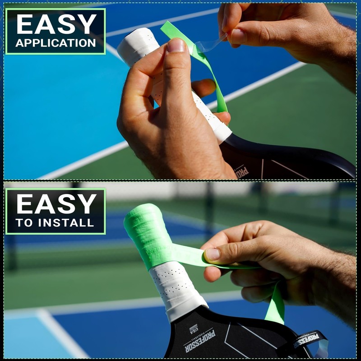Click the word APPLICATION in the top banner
point(56,43)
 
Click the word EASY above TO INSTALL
point(56,204)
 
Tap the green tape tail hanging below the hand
point(276,307)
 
